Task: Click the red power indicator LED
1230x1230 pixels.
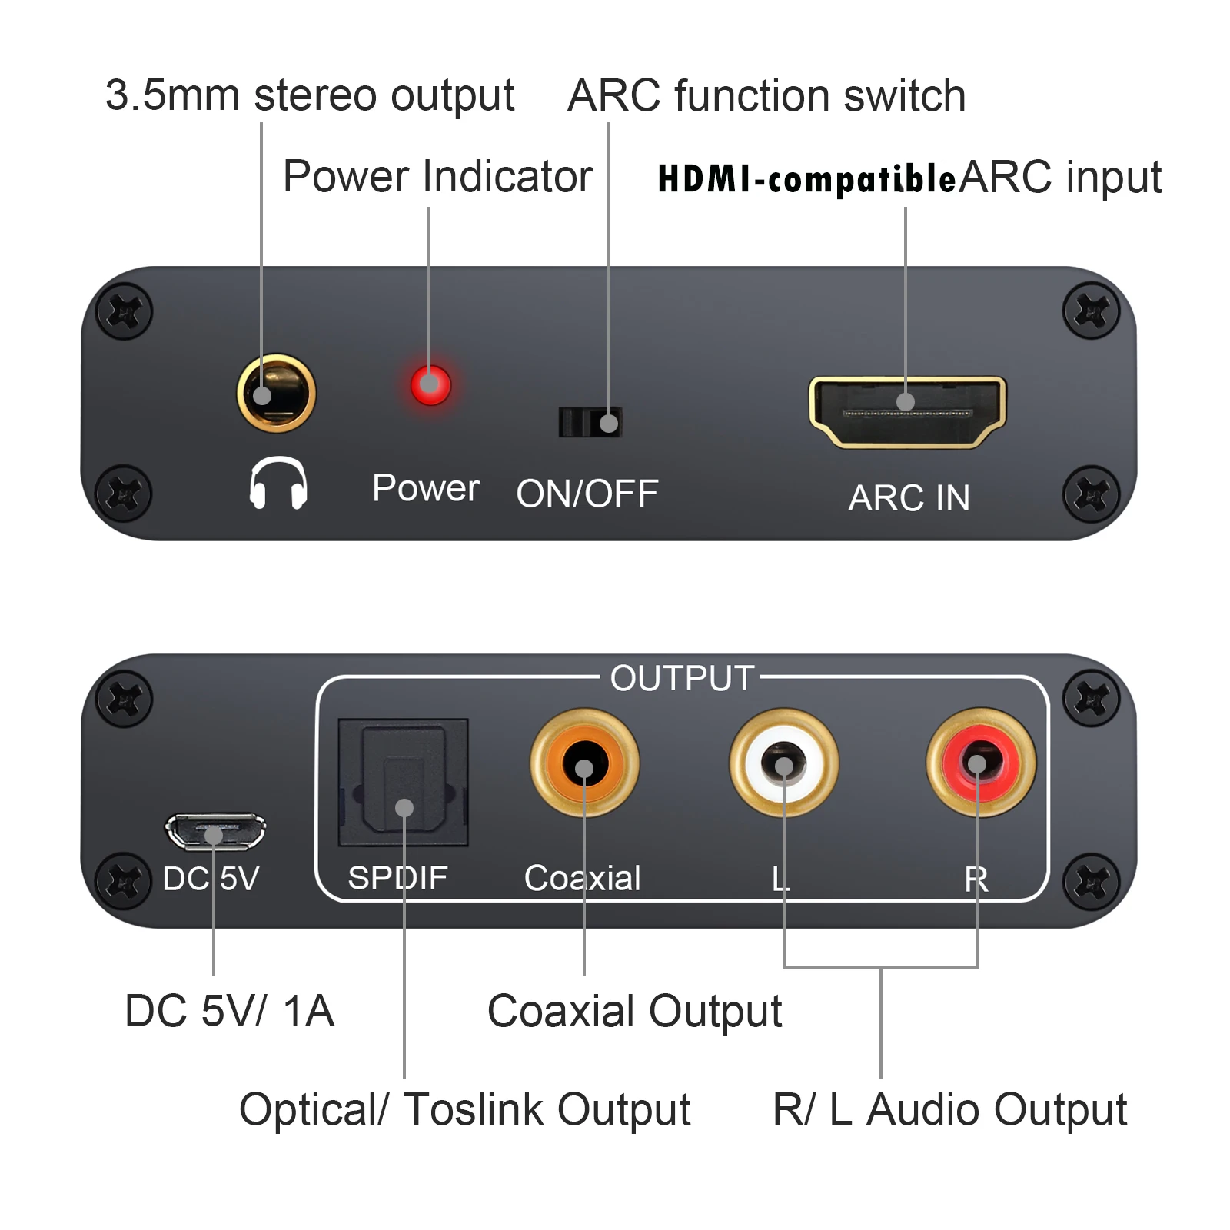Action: (x=430, y=384)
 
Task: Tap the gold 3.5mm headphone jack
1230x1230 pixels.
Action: (x=276, y=393)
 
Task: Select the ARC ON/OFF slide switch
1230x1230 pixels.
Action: (x=590, y=422)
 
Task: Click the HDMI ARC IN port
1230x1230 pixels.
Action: (x=907, y=412)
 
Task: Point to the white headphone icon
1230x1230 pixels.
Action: (x=278, y=483)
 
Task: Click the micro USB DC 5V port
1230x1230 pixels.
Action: (x=215, y=831)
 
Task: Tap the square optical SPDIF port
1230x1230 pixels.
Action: (x=404, y=782)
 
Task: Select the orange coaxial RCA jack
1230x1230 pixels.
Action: (x=584, y=763)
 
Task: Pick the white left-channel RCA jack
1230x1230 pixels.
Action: (x=783, y=763)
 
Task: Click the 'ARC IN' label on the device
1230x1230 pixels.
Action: (x=909, y=498)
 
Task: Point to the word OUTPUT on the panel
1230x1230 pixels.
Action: (x=682, y=679)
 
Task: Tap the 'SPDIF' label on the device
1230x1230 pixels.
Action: (x=397, y=878)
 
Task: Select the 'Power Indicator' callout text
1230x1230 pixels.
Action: (x=437, y=177)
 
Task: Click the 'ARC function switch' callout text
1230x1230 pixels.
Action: (x=766, y=96)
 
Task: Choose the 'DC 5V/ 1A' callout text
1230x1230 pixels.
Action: (x=229, y=1011)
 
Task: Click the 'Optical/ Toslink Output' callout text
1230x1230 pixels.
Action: (x=464, y=1110)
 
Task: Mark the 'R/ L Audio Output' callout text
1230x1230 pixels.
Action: (x=949, y=1110)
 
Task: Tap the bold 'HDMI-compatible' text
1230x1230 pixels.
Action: (x=806, y=179)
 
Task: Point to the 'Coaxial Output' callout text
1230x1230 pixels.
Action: (x=634, y=1011)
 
